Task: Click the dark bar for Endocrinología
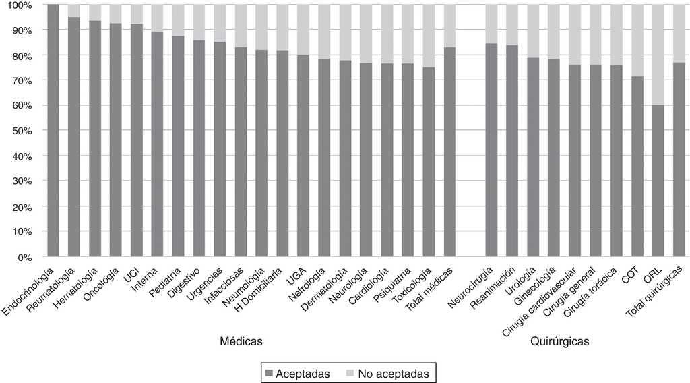(x=53, y=131)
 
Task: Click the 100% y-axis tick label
(x=18, y=5)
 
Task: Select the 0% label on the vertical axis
(x=24, y=258)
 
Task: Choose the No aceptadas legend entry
(x=391, y=372)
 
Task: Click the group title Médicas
(x=241, y=342)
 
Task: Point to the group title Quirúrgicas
(x=559, y=342)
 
